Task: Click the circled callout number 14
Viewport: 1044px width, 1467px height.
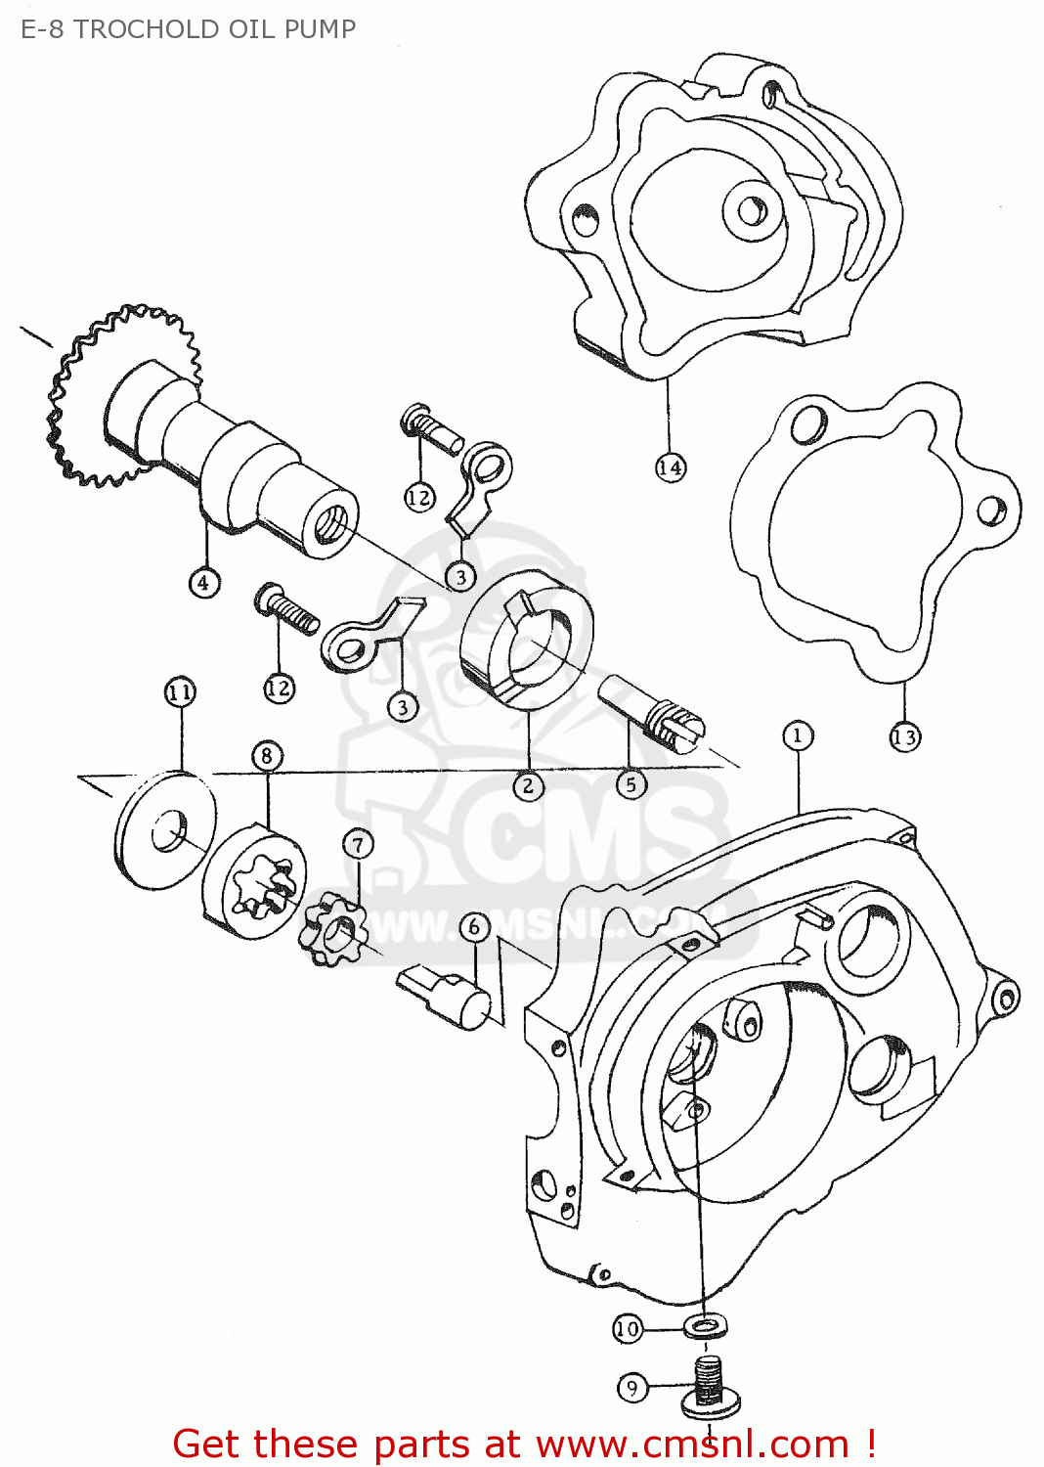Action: pos(671,467)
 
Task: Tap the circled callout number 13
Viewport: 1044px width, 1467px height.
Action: pos(905,737)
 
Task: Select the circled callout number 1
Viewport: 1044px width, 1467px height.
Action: pos(798,735)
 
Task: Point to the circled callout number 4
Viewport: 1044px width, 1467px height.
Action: pos(203,582)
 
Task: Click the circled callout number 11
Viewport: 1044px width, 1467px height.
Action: pos(181,692)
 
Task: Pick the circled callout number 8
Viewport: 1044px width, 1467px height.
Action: pos(267,756)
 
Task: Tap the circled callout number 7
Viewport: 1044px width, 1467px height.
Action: pos(358,845)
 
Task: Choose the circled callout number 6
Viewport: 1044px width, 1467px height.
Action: pos(474,927)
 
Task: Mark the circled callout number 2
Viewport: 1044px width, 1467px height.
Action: pos(528,785)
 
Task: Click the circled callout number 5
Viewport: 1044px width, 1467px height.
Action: pos(631,784)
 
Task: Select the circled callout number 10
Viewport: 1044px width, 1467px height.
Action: pos(628,1329)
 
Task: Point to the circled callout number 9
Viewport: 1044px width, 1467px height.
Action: pos(632,1387)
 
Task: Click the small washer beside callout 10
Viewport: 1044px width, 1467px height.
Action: pos(704,1327)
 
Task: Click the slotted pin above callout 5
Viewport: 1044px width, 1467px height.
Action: pos(650,715)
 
